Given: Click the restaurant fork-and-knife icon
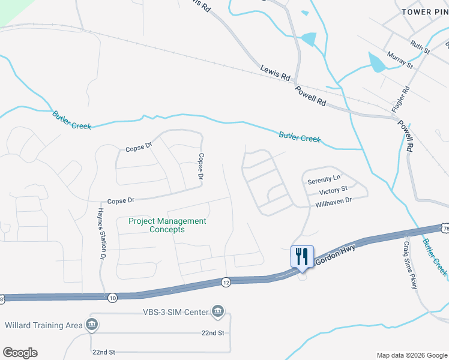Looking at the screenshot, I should click(x=302, y=256).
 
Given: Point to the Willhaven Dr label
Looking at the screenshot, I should click(x=333, y=204).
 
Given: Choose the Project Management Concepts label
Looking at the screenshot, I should click(x=167, y=225).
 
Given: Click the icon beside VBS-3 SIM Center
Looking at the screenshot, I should click(x=218, y=311).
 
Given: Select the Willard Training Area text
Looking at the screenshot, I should click(x=43, y=325).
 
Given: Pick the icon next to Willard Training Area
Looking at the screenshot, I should click(x=92, y=325).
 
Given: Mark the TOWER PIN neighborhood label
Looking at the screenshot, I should click(x=423, y=12).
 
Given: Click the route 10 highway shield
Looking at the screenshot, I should click(x=112, y=298).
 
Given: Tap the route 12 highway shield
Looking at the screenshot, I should click(x=226, y=282).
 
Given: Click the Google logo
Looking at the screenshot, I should click(x=20, y=353).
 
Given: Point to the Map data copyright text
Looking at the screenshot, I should click(x=412, y=355).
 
